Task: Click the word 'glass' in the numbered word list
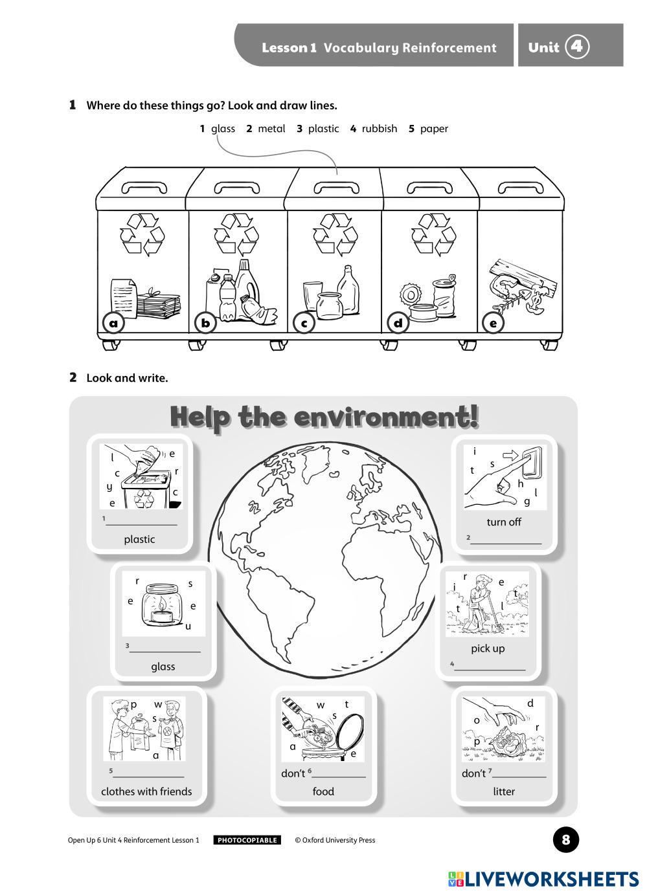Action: pyautogui.click(x=223, y=129)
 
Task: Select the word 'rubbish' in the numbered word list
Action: pyautogui.click(x=379, y=129)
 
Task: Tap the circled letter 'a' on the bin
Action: pyautogui.click(x=114, y=322)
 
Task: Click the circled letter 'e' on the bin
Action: pyautogui.click(x=494, y=322)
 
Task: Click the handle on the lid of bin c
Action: pyautogui.click(x=336, y=188)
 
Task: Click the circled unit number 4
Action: pyautogui.click(x=577, y=47)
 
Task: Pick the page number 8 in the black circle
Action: pyautogui.click(x=566, y=840)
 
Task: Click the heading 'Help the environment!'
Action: pyautogui.click(x=324, y=416)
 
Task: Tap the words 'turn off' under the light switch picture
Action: pyautogui.click(x=504, y=522)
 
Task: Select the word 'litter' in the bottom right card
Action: pyautogui.click(x=504, y=791)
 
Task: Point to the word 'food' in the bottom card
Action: pyautogui.click(x=323, y=791)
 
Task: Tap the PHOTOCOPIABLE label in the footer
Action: pyautogui.click(x=247, y=840)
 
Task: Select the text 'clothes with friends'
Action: pyautogui.click(x=146, y=791)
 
